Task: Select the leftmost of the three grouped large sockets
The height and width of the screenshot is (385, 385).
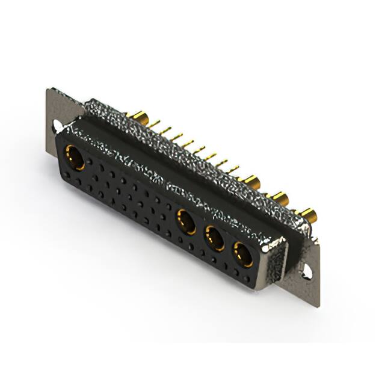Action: [x=186, y=220]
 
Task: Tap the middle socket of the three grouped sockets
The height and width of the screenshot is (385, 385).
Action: [x=214, y=238]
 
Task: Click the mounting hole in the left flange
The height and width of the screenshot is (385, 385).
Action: [x=57, y=127]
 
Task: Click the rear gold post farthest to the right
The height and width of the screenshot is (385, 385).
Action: [x=308, y=214]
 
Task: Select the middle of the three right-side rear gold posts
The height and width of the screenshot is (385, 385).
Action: [x=280, y=197]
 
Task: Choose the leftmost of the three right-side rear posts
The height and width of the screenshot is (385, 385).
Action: [x=251, y=180]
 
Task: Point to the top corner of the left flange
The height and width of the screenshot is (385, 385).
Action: [x=48, y=90]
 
